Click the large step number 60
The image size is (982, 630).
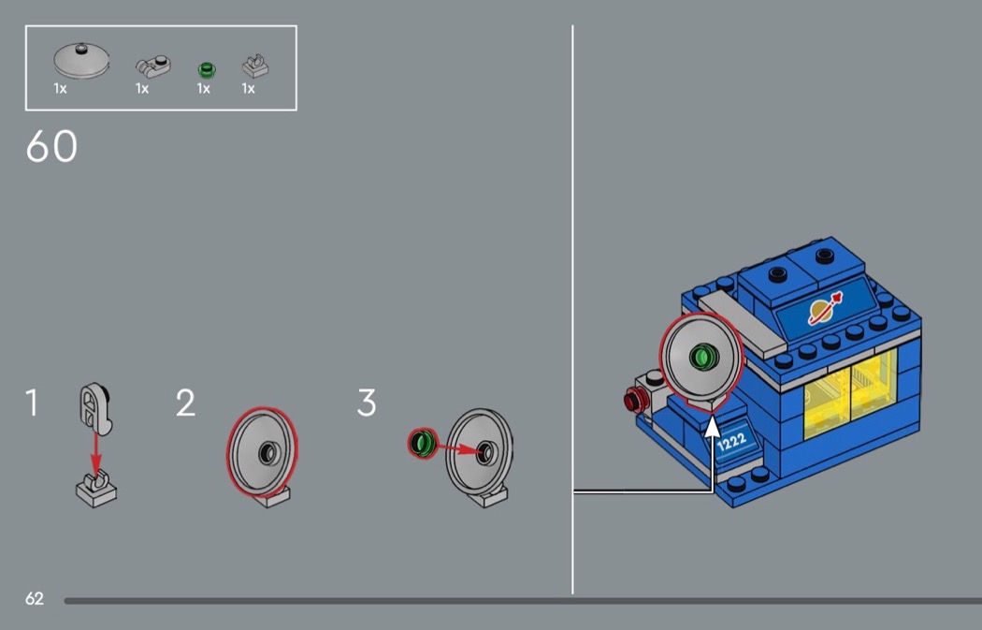click(x=51, y=146)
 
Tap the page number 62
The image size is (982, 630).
click(x=35, y=599)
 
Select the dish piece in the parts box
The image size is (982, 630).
click(x=81, y=60)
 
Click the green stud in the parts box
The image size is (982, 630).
click(x=206, y=69)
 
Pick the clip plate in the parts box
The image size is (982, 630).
click(x=255, y=66)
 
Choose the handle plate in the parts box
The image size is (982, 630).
click(x=152, y=66)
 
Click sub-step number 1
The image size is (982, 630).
click(x=31, y=403)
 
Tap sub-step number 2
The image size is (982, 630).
click(x=185, y=403)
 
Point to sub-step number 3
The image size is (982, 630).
click(x=367, y=403)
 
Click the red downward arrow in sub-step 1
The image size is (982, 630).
click(x=95, y=453)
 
